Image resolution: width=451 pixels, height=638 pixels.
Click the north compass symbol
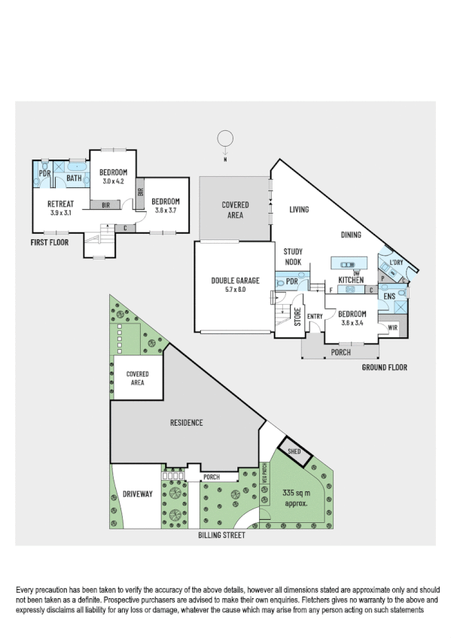tap(224, 138)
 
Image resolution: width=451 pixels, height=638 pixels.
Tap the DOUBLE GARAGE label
tap(235, 281)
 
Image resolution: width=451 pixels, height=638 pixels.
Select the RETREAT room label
tap(59, 205)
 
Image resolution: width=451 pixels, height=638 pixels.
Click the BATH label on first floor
tap(75, 178)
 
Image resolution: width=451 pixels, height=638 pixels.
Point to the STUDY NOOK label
tap(293, 257)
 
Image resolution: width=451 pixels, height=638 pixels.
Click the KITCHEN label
tap(351, 280)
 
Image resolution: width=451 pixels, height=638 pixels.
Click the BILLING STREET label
tap(221, 536)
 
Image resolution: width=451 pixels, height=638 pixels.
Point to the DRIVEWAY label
tap(137, 494)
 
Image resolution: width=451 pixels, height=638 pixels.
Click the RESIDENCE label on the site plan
tap(185, 423)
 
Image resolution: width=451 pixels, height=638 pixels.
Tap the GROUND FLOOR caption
tap(384, 368)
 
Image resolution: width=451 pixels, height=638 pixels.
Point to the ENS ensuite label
tap(390, 297)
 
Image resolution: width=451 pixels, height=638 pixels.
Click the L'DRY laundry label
tap(396, 263)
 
